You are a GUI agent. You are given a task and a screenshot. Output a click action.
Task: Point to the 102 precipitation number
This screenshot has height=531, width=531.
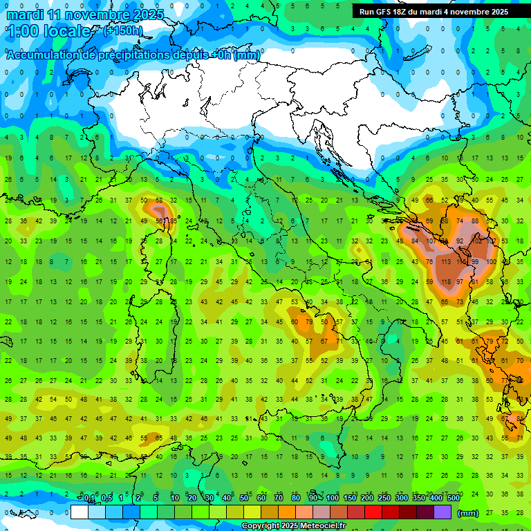[476, 241]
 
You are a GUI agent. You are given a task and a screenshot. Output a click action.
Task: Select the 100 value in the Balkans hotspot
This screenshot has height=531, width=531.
[491, 262]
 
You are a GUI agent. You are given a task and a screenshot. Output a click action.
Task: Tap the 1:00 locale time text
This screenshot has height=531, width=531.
[48, 31]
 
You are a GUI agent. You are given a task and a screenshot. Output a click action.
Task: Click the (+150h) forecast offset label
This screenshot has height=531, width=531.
[122, 30]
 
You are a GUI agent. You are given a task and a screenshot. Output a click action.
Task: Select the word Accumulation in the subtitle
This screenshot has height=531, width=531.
[43, 55]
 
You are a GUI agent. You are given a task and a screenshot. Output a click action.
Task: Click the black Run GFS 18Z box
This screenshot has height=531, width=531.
[434, 11]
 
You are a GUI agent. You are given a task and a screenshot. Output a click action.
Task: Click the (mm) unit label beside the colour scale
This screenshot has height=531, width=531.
[467, 513]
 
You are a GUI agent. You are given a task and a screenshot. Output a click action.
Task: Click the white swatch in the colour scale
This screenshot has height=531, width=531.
[80, 512]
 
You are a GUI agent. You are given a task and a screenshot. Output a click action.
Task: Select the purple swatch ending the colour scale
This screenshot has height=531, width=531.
[442, 512]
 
